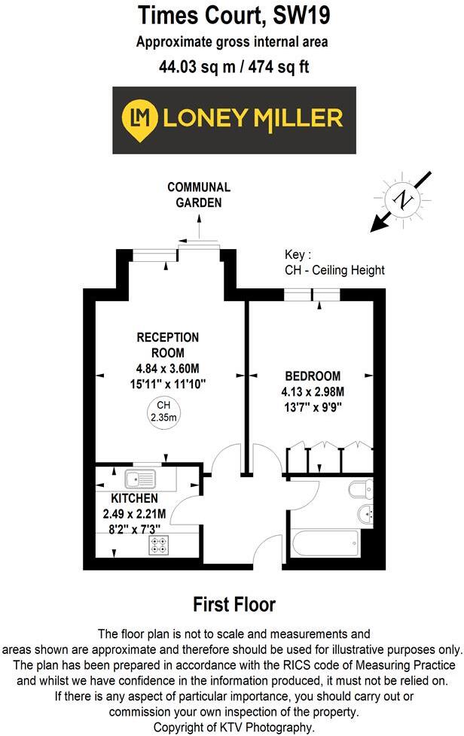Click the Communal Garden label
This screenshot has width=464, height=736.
click(199, 194)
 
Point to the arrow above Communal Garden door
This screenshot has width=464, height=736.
click(199, 224)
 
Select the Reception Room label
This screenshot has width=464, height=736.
click(167, 344)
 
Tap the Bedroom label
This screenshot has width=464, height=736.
click(312, 376)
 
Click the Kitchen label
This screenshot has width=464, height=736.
click(134, 498)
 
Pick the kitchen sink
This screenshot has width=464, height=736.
click(141, 477)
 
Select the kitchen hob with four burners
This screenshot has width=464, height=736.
click(160, 544)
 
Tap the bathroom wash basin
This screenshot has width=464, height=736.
click(365, 516)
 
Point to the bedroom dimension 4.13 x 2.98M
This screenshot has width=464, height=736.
click(312, 392)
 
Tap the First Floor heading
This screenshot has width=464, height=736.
click(234, 604)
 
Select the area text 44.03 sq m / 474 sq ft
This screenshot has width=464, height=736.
click(234, 66)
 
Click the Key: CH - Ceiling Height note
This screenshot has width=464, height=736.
click(334, 263)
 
